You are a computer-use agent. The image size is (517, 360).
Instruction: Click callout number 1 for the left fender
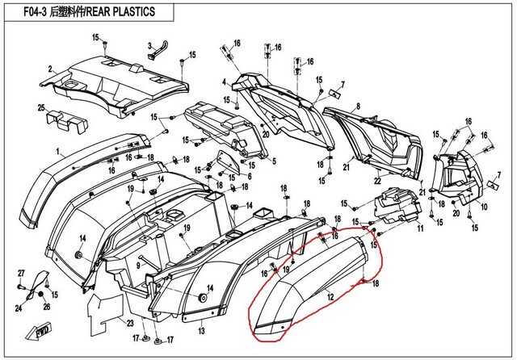coord(57,151)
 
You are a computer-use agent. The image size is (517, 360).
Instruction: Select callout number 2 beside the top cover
coord(50,69)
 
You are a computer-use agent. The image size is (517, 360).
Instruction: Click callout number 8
coord(357,106)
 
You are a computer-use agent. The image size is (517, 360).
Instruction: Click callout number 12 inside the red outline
coord(330,298)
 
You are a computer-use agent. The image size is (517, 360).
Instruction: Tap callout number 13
coord(201,329)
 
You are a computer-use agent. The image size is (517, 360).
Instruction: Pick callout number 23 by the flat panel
coord(128,322)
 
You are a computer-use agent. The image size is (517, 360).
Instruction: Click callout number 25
coord(40,107)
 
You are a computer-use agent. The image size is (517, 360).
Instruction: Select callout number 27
coord(21,273)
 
